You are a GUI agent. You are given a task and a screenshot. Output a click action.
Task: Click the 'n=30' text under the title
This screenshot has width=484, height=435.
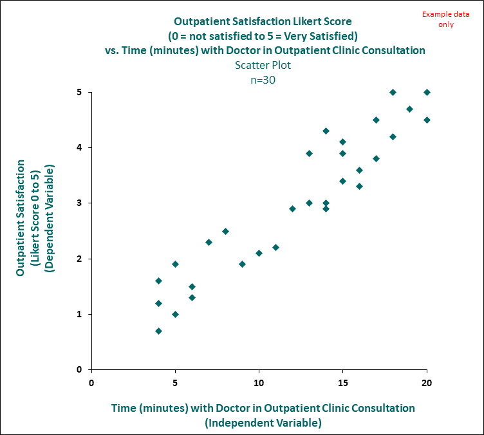click(x=263, y=80)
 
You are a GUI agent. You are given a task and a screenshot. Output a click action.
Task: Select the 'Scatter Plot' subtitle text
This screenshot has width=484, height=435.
click(x=263, y=64)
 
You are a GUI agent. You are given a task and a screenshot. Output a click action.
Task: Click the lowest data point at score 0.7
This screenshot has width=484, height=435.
click(x=158, y=331)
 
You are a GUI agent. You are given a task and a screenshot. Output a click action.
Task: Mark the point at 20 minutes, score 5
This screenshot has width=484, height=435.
click(x=427, y=92)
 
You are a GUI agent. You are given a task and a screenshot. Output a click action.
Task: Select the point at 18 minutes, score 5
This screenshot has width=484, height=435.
click(x=393, y=92)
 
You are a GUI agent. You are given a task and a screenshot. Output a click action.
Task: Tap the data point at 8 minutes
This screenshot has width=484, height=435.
click(x=225, y=231)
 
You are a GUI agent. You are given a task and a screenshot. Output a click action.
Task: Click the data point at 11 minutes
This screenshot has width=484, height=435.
click(x=275, y=247)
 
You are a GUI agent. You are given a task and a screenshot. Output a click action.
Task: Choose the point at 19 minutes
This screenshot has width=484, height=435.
click(x=409, y=109)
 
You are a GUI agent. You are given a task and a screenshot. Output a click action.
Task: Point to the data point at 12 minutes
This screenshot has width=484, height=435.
click(x=292, y=208)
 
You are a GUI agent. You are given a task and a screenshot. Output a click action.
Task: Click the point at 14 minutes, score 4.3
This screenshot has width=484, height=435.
click(x=326, y=131)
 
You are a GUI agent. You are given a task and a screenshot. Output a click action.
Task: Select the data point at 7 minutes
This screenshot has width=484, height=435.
click(x=209, y=242)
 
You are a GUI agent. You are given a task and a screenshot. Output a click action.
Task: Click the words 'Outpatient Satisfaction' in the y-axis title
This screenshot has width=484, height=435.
click(x=21, y=218)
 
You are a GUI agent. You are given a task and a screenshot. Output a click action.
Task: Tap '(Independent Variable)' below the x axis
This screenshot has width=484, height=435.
click(x=263, y=423)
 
